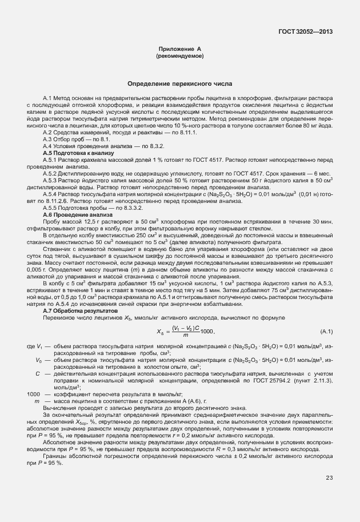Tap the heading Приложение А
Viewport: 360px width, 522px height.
(x=179, y=50)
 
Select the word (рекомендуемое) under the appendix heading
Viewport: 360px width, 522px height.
(x=179, y=57)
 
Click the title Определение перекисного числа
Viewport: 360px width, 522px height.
(x=179, y=83)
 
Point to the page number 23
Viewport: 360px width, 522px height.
(x=329, y=493)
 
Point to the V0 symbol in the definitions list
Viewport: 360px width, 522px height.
(x=38, y=361)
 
